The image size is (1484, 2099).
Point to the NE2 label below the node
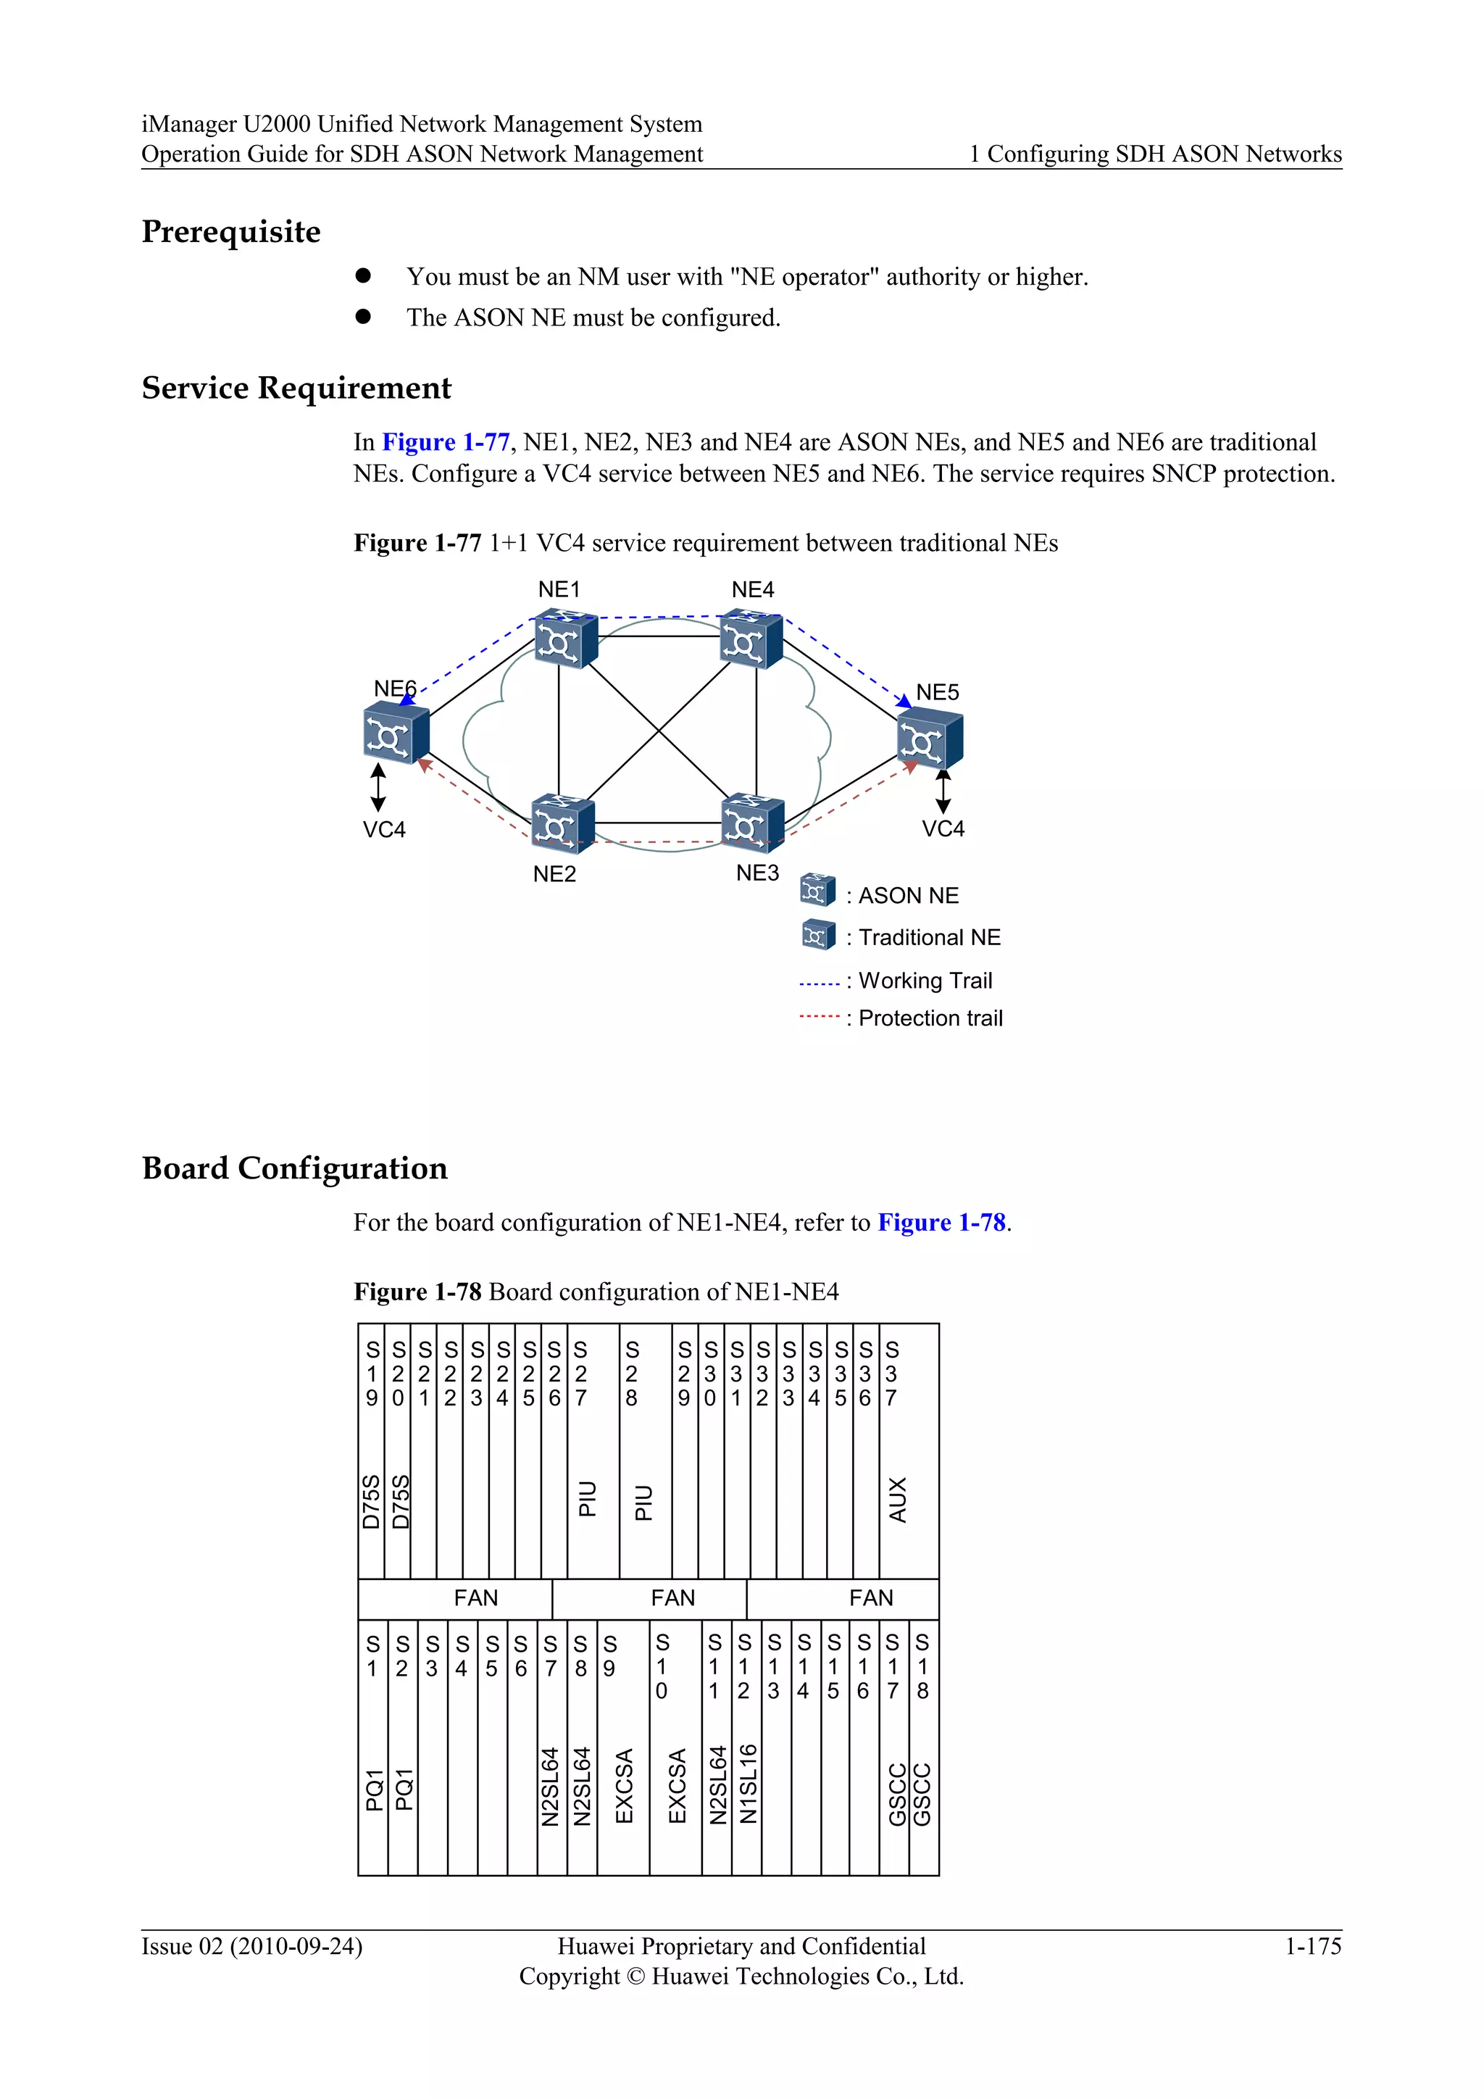tap(554, 874)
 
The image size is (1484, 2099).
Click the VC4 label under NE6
tap(384, 829)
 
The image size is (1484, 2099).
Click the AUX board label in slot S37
tap(899, 1500)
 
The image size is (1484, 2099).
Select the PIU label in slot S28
tap(644, 1502)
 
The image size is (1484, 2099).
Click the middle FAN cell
tap(672, 1598)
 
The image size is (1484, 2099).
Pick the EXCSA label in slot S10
tap(677, 1785)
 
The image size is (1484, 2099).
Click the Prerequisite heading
tap(231, 231)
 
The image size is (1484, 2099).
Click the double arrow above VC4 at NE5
tap(943, 791)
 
